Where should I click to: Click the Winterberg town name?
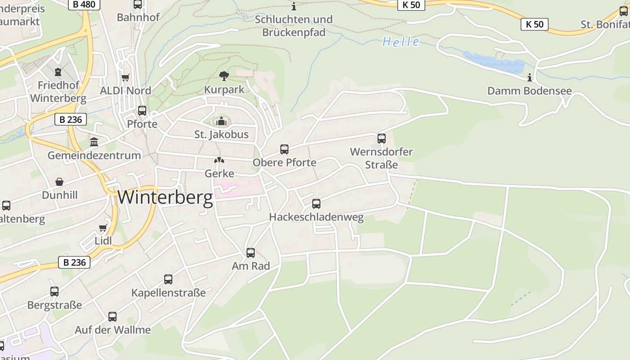point(165,198)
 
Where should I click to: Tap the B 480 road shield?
point(84,4)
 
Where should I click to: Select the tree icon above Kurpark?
point(224,76)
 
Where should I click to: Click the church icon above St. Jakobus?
point(221,121)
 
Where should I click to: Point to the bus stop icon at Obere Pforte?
point(284,149)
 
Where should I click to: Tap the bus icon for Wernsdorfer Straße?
point(381,138)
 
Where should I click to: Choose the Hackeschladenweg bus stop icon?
point(316,204)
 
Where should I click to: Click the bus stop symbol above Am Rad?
point(251,253)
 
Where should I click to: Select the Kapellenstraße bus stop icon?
point(168,279)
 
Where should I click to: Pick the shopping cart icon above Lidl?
point(103,228)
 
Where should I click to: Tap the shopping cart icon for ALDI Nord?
point(126,77)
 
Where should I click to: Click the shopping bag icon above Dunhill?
point(59,182)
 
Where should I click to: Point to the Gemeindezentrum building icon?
point(94,142)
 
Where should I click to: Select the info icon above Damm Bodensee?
point(530,78)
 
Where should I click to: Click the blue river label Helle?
point(400,42)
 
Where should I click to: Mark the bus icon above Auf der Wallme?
point(112,317)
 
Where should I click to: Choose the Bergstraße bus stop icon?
point(54,292)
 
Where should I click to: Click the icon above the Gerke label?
point(219,160)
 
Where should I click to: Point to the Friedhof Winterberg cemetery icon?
point(58,72)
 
